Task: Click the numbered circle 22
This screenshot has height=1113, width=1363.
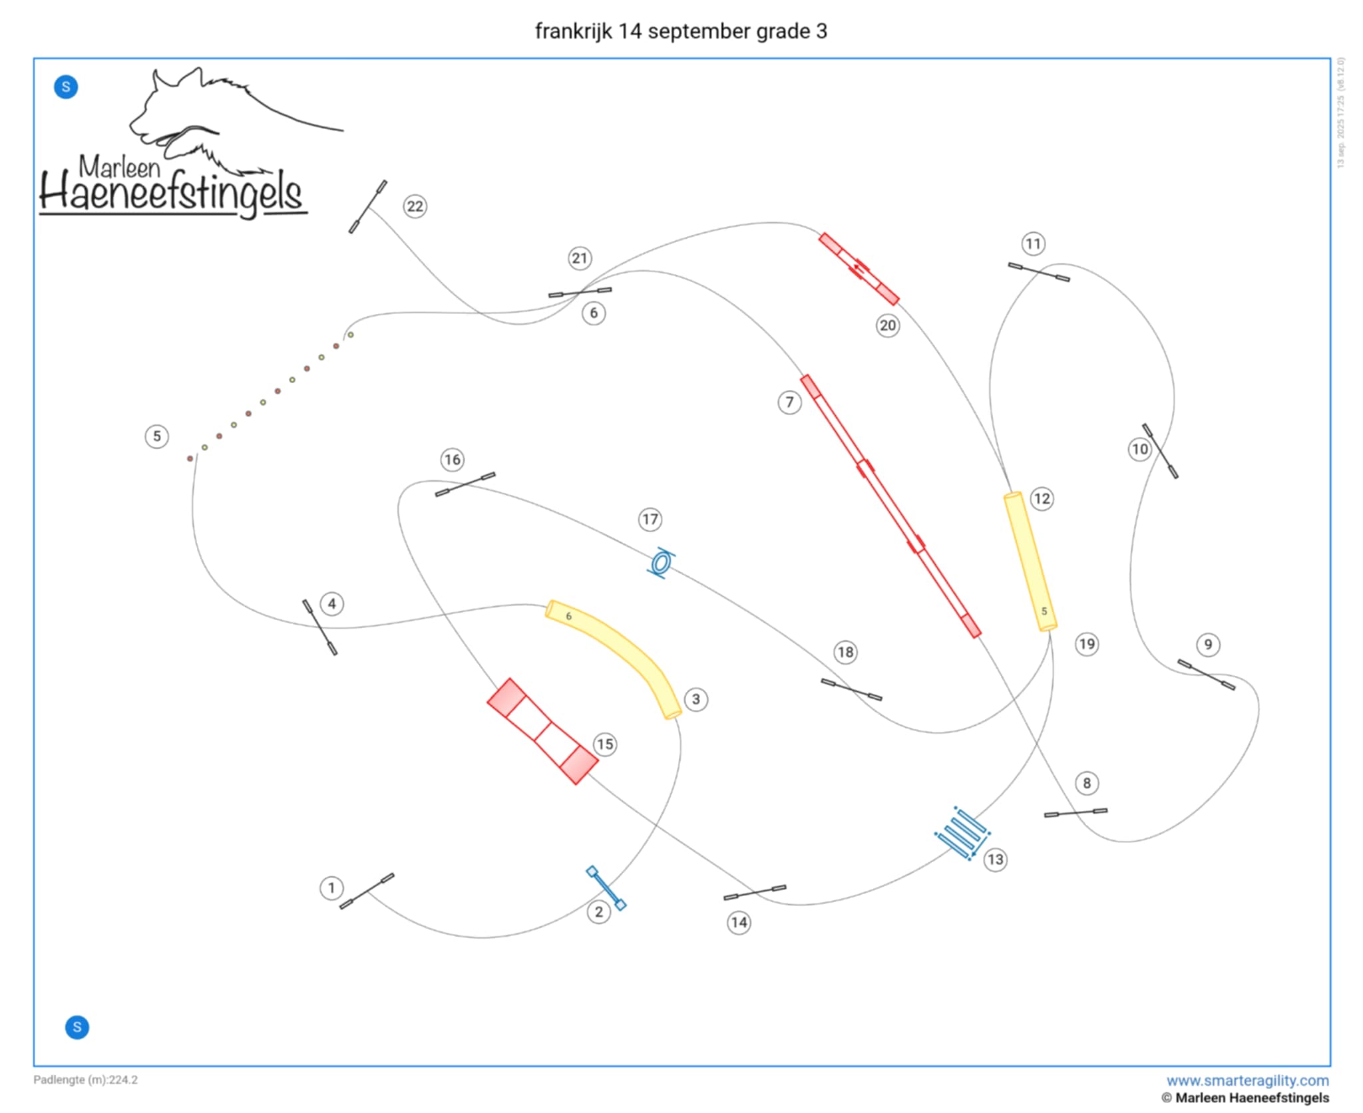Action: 415,206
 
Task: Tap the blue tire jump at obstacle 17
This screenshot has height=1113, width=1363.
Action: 661,563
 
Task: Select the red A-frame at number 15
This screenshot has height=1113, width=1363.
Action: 542,731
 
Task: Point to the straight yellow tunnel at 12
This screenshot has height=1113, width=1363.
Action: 1030,561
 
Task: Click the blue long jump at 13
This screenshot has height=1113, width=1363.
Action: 962,833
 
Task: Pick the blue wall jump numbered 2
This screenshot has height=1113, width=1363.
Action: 606,887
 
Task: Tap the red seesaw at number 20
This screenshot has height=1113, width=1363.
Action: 859,269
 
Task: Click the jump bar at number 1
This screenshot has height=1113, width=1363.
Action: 367,891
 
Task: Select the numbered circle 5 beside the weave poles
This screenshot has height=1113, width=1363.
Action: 157,436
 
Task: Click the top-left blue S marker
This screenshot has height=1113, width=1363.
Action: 66,87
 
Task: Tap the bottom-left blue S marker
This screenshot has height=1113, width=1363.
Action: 77,1027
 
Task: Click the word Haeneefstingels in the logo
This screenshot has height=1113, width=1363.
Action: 172,194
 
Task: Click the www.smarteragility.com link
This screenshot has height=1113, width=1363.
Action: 1247,1080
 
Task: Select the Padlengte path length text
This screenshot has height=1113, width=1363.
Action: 86,1079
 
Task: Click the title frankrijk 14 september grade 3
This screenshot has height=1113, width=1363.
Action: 681,31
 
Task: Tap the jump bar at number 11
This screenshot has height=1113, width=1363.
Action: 1039,272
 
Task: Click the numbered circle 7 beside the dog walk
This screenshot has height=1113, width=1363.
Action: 789,402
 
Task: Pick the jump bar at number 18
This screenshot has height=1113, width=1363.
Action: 851,690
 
